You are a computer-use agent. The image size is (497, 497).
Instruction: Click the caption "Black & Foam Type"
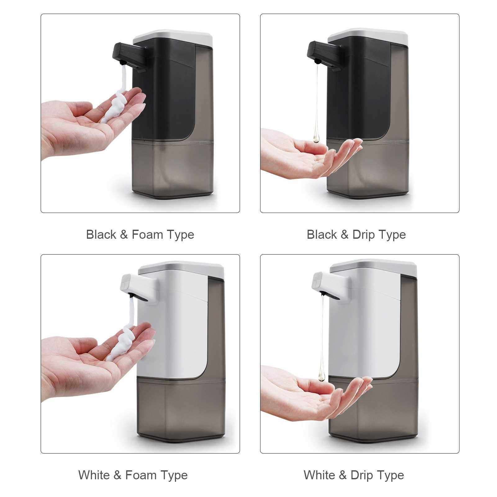[140, 234]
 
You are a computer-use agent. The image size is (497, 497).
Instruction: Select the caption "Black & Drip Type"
[356, 234]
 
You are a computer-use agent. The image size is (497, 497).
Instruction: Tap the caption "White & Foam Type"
[133, 475]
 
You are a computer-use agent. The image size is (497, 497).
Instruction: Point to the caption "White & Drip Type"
[354, 475]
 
